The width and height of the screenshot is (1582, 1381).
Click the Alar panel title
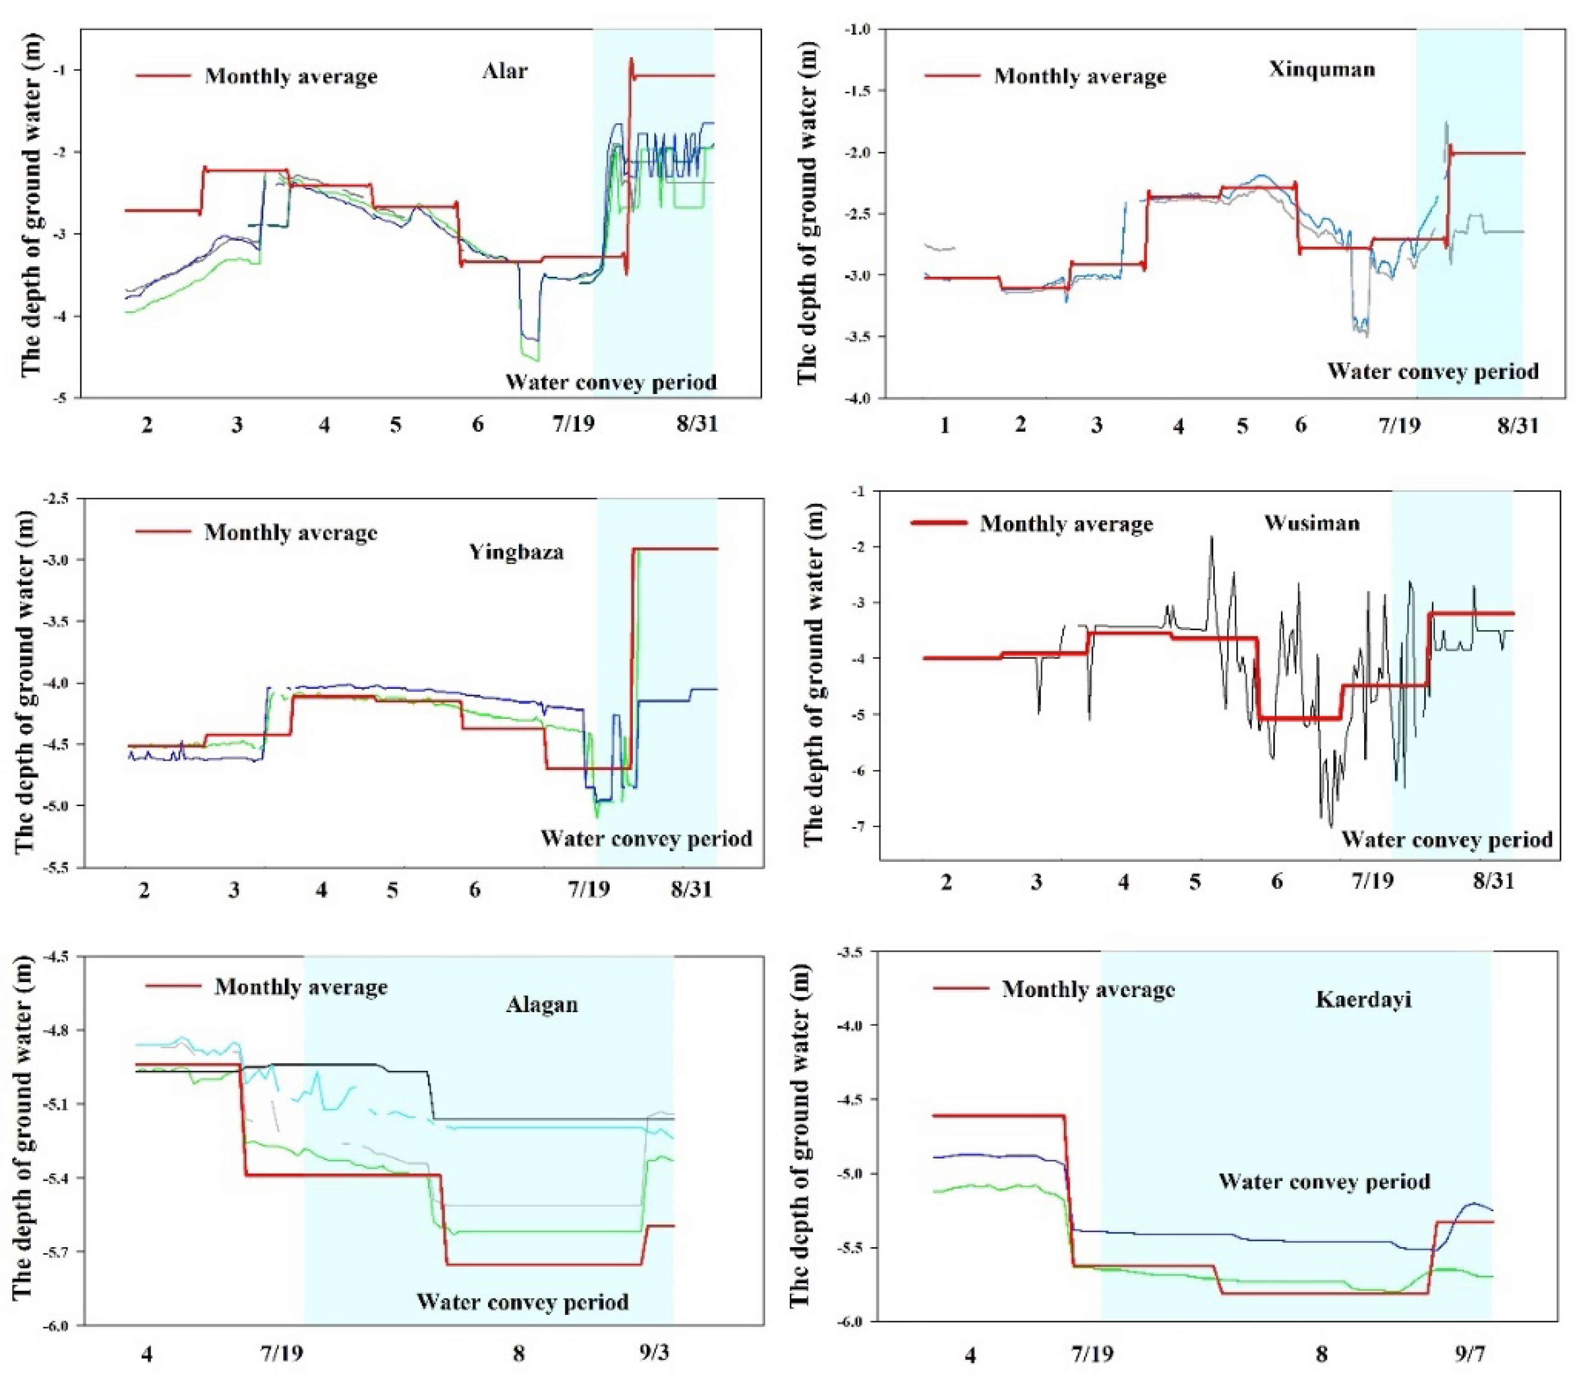point(505,71)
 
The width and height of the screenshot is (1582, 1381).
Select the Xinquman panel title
point(1322,69)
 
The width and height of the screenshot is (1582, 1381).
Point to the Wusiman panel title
point(1312,523)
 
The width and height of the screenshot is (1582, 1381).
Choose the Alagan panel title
point(542,1005)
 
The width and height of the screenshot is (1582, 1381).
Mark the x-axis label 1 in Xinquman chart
point(945,425)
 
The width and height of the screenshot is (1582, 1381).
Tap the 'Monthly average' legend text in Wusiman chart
point(1067,524)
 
